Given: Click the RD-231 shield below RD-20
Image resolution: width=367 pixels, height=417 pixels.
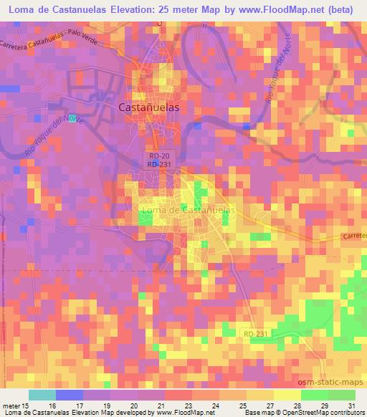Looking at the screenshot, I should (x=159, y=164).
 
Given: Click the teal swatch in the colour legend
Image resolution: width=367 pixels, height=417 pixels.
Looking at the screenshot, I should (x=42, y=395).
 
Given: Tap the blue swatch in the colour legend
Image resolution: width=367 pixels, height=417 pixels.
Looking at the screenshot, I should (x=69, y=395).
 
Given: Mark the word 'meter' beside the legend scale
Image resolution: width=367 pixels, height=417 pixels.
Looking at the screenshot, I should (x=9, y=405).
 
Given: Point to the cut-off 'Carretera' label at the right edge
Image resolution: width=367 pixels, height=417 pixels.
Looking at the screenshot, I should (x=354, y=235).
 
